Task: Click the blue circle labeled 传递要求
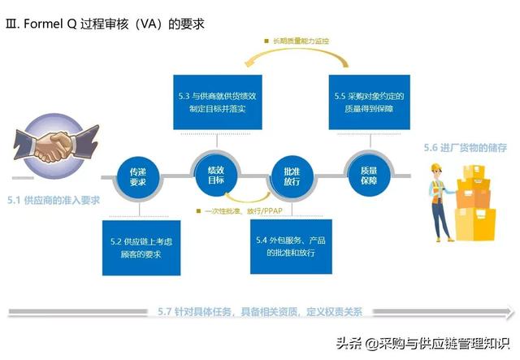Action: click(138, 177)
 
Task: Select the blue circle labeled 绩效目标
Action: click(216, 176)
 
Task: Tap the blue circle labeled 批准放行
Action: click(292, 176)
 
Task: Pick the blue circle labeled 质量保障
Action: click(369, 176)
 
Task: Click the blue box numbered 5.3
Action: click(218, 102)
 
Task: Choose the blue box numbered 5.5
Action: click(370, 102)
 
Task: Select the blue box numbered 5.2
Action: click(141, 248)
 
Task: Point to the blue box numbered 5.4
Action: click(291, 246)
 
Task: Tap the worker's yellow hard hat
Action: click(435, 167)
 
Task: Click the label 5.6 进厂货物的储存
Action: click(466, 148)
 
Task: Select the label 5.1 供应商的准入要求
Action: click(54, 200)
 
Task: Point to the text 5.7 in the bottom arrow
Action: click(164, 311)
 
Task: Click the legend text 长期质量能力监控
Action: click(301, 41)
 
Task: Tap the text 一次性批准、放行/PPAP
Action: click(244, 211)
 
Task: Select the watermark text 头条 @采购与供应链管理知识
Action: click(422, 344)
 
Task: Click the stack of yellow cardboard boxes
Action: click(474, 203)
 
